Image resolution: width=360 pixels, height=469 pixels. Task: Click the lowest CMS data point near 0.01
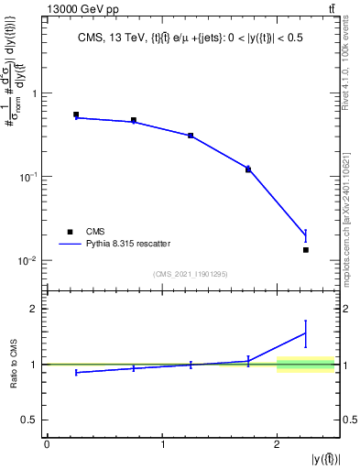306,250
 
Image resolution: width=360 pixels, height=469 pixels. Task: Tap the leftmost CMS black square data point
76,115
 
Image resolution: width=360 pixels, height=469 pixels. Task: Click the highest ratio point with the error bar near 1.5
306,333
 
